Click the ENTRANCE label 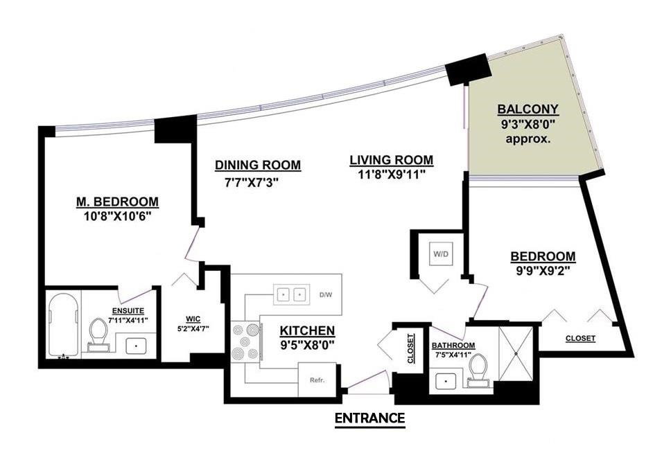click(369, 418)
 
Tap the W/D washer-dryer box click(441, 254)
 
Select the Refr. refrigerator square click(317, 380)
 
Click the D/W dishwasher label click(326, 295)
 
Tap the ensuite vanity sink click(137, 346)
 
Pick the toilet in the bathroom click(478, 371)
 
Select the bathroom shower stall click(516, 353)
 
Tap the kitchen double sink click(291, 295)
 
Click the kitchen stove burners click(245, 341)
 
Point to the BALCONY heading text click(528, 109)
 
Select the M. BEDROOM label click(117, 202)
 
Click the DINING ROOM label click(258, 165)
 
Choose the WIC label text click(193, 319)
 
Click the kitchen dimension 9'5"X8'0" click(307, 345)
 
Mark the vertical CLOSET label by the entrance click(411, 348)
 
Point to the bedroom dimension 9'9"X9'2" click(543, 272)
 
